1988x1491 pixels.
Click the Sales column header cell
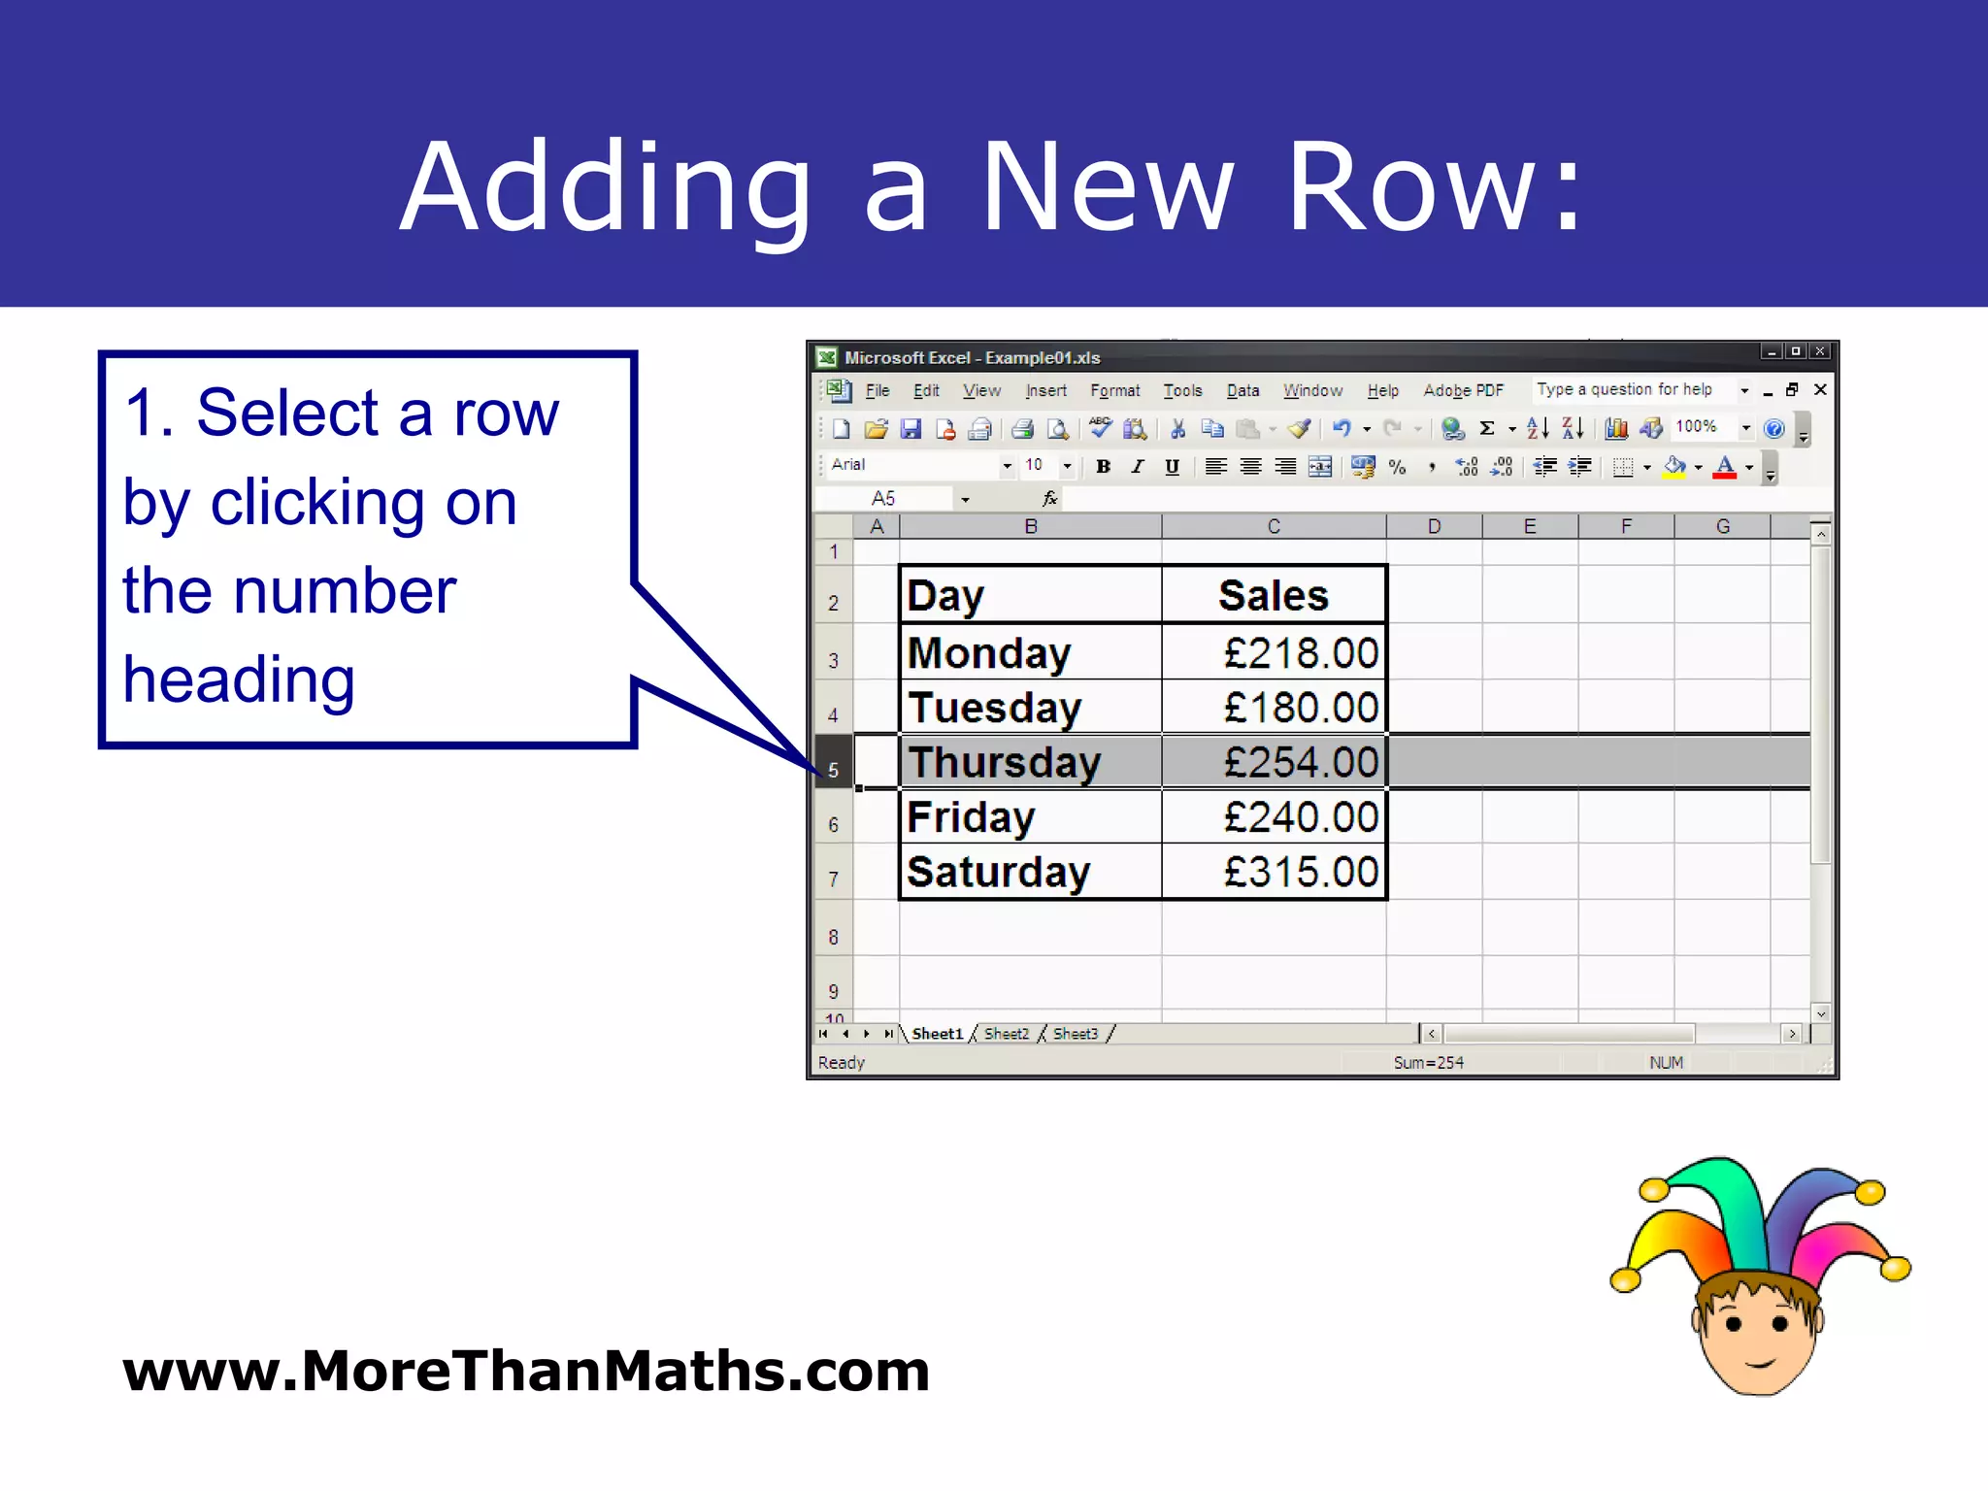(x=1273, y=595)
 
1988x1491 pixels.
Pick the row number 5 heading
(x=833, y=770)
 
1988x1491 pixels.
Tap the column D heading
(x=1434, y=526)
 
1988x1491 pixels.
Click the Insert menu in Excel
(x=1045, y=390)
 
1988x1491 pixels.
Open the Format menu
(x=1114, y=390)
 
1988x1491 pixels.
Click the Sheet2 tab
(x=1006, y=1034)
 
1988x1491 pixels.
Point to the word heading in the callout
(x=239, y=679)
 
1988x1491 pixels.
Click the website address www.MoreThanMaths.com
(x=526, y=1371)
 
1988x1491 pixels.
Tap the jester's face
(x=1758, y=1335)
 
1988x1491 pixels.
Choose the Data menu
(x=1242, y=390)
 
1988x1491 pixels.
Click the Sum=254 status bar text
(x=1428, y=1063)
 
